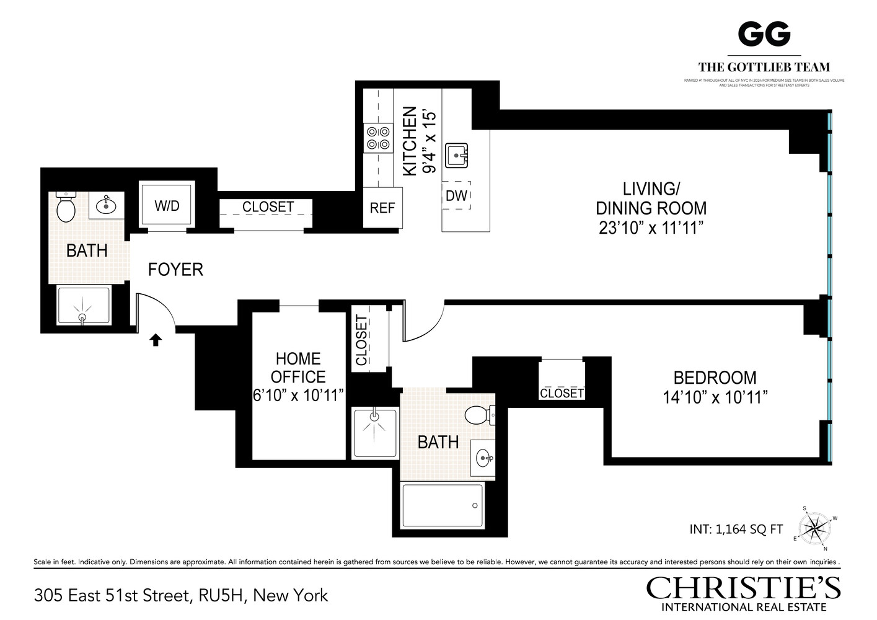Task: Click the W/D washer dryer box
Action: click(167, 206)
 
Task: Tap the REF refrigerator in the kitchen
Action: click(382, 208)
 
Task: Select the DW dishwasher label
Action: click(456, 196)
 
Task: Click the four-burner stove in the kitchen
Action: click(378, 138)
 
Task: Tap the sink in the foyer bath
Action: click(107, 205)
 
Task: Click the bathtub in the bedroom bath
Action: click(443, 505)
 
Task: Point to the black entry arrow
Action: click(156, 339)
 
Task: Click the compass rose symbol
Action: click(814, 529)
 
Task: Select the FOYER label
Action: click(175, 270)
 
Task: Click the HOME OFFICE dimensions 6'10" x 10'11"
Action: click(298, 396)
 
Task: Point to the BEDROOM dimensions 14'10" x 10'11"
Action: click(715, 397)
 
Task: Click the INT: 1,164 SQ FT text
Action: click(736, 529)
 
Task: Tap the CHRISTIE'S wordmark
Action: click(743, 587)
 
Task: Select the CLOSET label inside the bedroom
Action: click(562, 393)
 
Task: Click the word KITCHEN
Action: click(410, 141)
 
